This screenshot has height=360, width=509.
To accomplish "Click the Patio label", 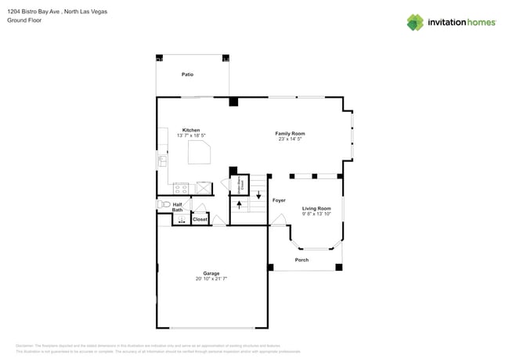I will (x=187, y=74).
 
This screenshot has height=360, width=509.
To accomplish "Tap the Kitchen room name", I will (x=191, y=130).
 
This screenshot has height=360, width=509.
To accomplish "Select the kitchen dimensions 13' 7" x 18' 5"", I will (x=191, y=135).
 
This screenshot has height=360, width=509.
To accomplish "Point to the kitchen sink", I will (x=162, y=160).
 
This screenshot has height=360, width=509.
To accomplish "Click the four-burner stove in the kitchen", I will (x=181, y=188).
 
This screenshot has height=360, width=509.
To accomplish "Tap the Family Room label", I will (x=289, y=134).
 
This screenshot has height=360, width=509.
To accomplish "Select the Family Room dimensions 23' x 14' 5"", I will (x=289, y=139).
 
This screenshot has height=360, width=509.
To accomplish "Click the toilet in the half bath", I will (x=164, y=204).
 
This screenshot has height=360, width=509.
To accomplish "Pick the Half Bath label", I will (x=178, y=207).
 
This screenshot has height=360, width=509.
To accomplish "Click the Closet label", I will (x=200, y=219).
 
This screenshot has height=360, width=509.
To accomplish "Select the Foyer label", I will (x=279, y=200).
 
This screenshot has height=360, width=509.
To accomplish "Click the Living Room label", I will (x=316, y=208).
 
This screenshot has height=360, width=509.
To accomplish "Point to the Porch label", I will (x=301, y=260).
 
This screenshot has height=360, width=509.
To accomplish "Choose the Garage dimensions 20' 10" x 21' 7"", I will (x=211, y=279).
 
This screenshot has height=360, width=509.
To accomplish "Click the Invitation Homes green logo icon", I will (x=415, y=22).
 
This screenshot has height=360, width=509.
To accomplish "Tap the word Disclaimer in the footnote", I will (x=23, y=345).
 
